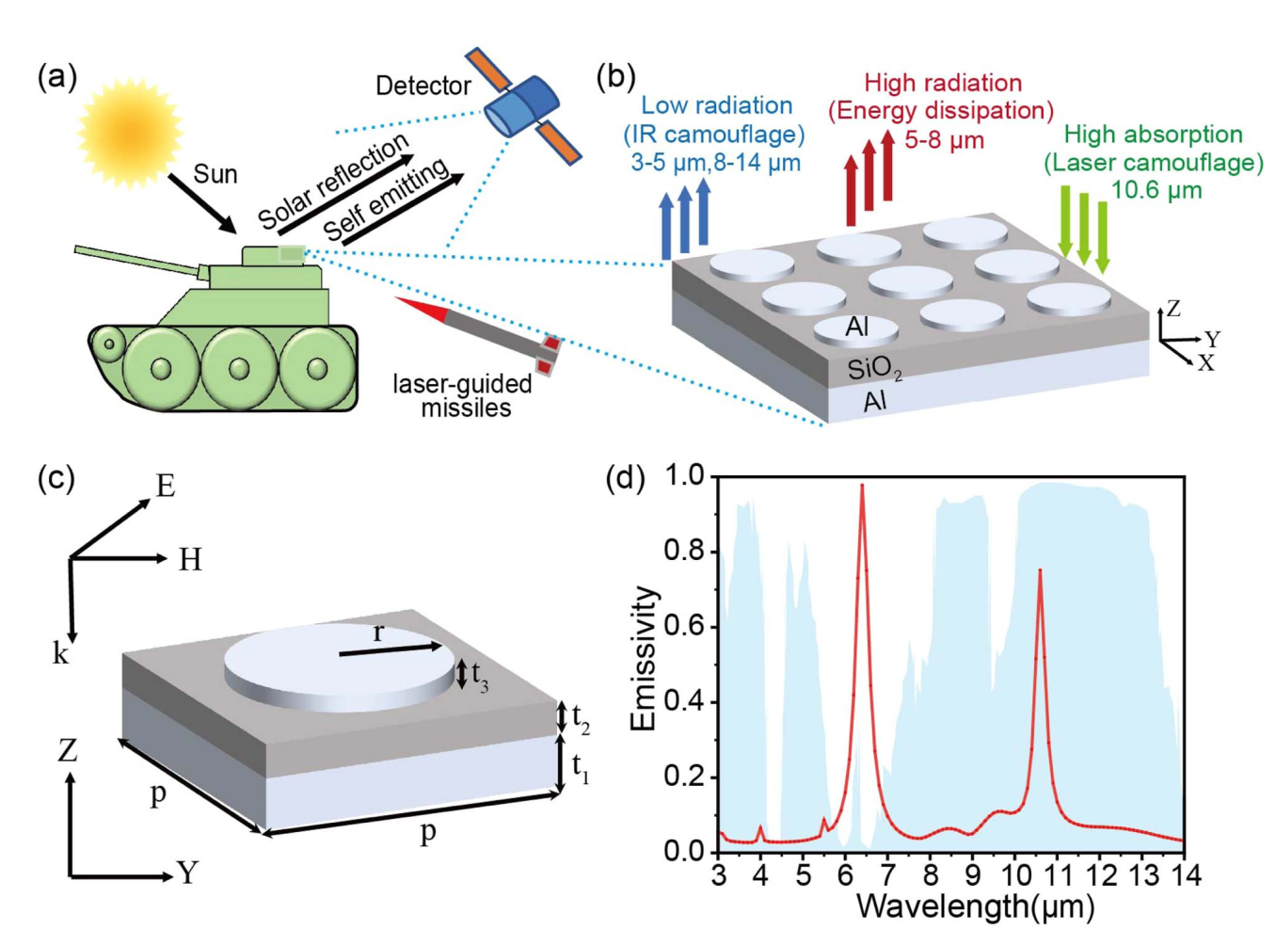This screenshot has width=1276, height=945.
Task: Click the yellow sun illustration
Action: (129, 131)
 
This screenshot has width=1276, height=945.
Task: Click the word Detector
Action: (423, 87)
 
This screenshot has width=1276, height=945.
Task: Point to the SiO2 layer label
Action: (874, 369)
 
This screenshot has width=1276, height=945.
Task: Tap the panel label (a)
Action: (56, 76)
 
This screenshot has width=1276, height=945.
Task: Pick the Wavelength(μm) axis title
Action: (976, 907)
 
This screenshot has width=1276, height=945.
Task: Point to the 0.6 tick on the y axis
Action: (684, 626)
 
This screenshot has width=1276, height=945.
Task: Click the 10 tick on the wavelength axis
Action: (1015, 876)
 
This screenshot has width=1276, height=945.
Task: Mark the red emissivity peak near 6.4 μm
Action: (862, 488)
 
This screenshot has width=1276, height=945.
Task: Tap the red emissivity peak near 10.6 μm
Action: (1040, 571)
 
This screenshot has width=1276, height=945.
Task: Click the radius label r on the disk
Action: (378, 633)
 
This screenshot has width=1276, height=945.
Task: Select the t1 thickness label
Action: (580, 768)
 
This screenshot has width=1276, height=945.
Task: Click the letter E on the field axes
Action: (166, 487)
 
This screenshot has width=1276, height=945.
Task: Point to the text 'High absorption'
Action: (1153, 135)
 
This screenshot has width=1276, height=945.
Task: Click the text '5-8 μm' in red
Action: (944, 141)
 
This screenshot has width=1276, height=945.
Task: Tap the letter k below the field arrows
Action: (61, 654)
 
